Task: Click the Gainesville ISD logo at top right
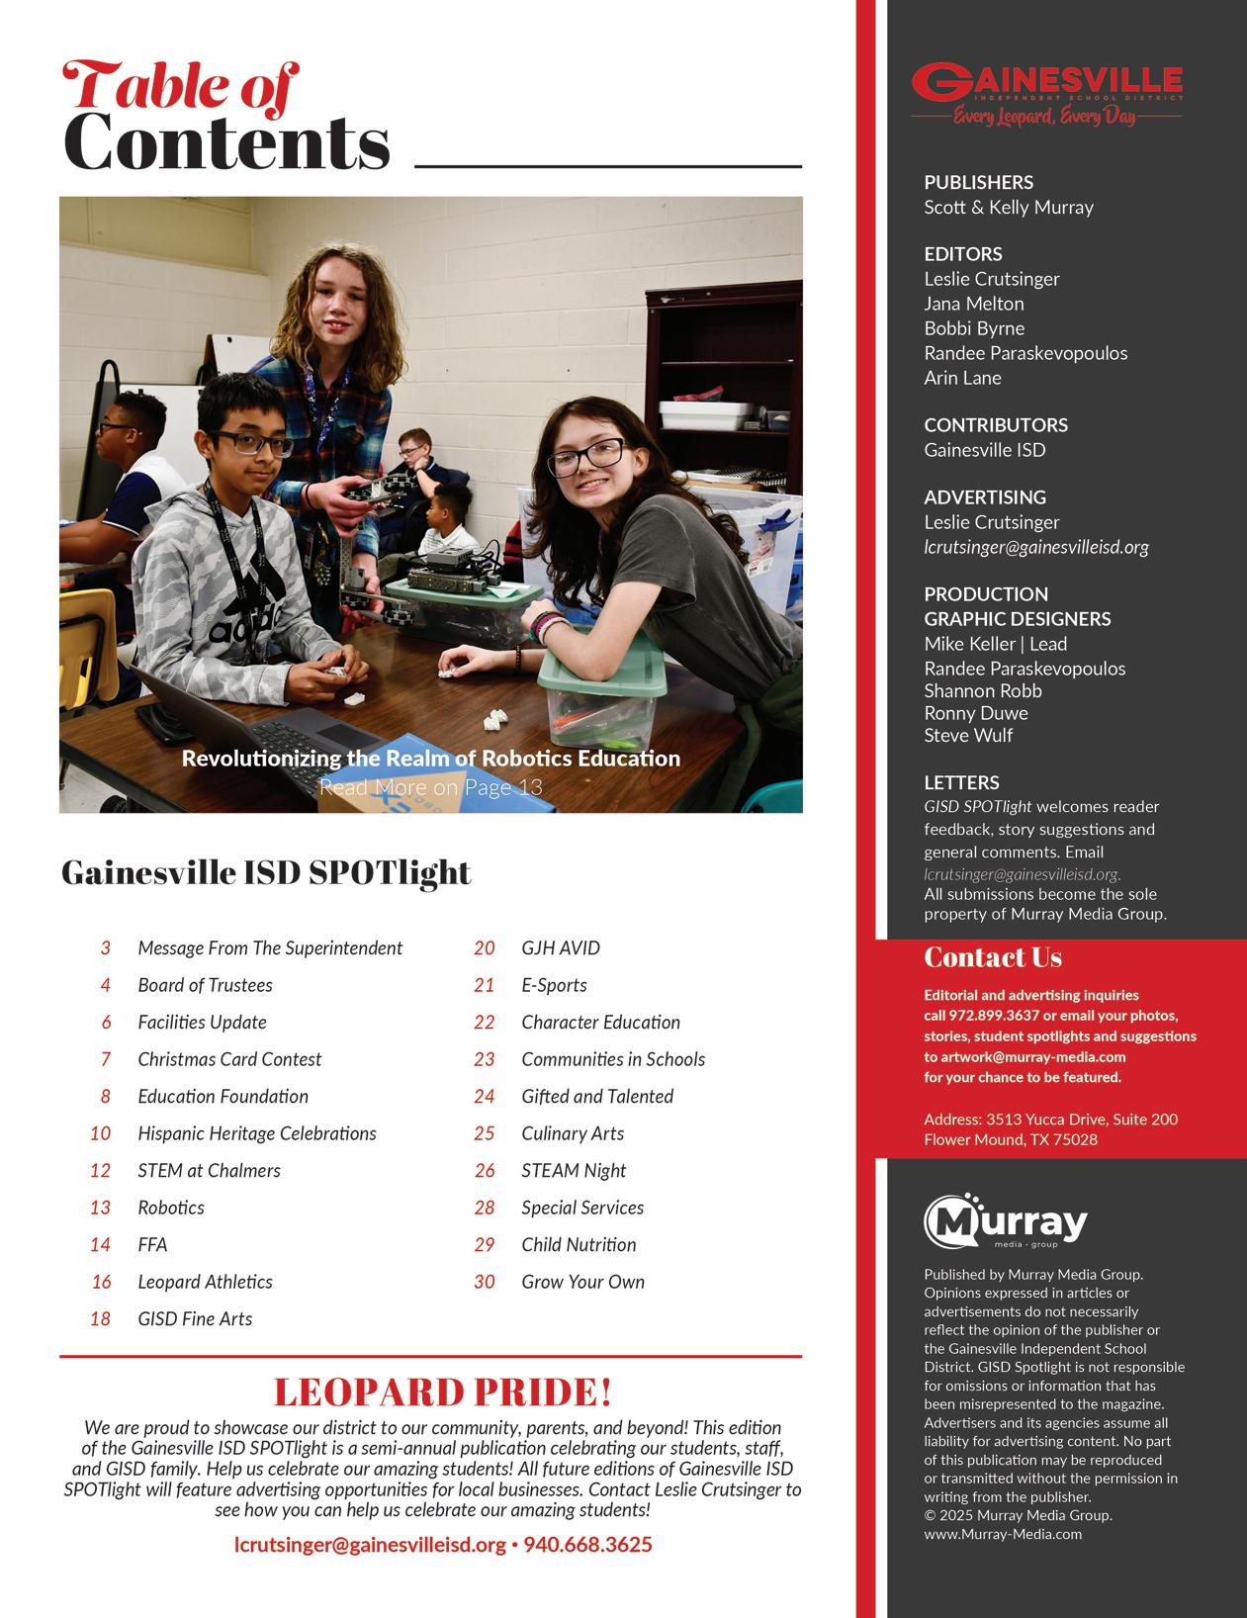(1046, 95)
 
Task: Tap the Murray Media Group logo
(1006, 1222)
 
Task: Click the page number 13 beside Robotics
(101, 1208)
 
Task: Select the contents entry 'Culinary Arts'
(573, 1133)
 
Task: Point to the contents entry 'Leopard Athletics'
(205, 1282)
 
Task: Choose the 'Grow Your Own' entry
(582, 1282)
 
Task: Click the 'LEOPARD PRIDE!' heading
(442, 1392)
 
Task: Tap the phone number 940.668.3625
(587, 1544)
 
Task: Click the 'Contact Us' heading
(993, 957)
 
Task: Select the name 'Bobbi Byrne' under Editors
(974, 328)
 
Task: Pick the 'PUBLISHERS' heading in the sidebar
(978, 182)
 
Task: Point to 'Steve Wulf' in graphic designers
(968, 735)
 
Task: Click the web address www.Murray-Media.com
(1003, 1534)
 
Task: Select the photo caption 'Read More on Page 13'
(430, 787)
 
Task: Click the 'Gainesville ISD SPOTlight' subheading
(266, 872)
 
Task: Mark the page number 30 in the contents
(485, 1282)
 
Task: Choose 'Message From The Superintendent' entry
(270, 948)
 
